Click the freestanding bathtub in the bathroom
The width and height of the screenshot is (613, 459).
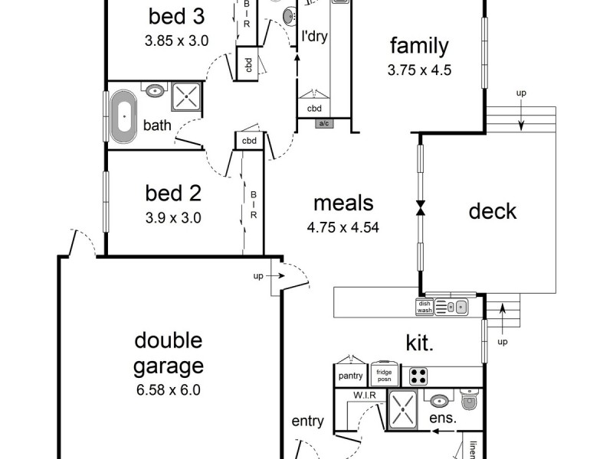click(x=123, y=117)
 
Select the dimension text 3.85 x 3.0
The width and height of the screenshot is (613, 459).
click(x=177, y=41)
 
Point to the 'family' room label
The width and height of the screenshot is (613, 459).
click(x=419, y=46)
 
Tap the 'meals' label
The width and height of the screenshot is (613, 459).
click(x=343, y=203)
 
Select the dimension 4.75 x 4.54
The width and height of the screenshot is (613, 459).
click(x=343, y=227)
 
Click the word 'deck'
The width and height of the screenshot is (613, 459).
click(x=493, y=211)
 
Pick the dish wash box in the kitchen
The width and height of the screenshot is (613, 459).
click(x=425, y=307)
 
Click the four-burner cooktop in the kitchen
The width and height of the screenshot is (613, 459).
click(x=418, y=376)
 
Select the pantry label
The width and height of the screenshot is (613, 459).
click(x=350, y=376)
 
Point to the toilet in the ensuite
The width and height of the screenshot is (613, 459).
click(x=469, y=400)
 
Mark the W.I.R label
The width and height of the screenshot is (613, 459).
click(x=363, y=396)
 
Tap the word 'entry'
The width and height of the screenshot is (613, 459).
click(x=308, y=422)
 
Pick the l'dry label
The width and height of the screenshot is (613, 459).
click(x=314, y=36)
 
